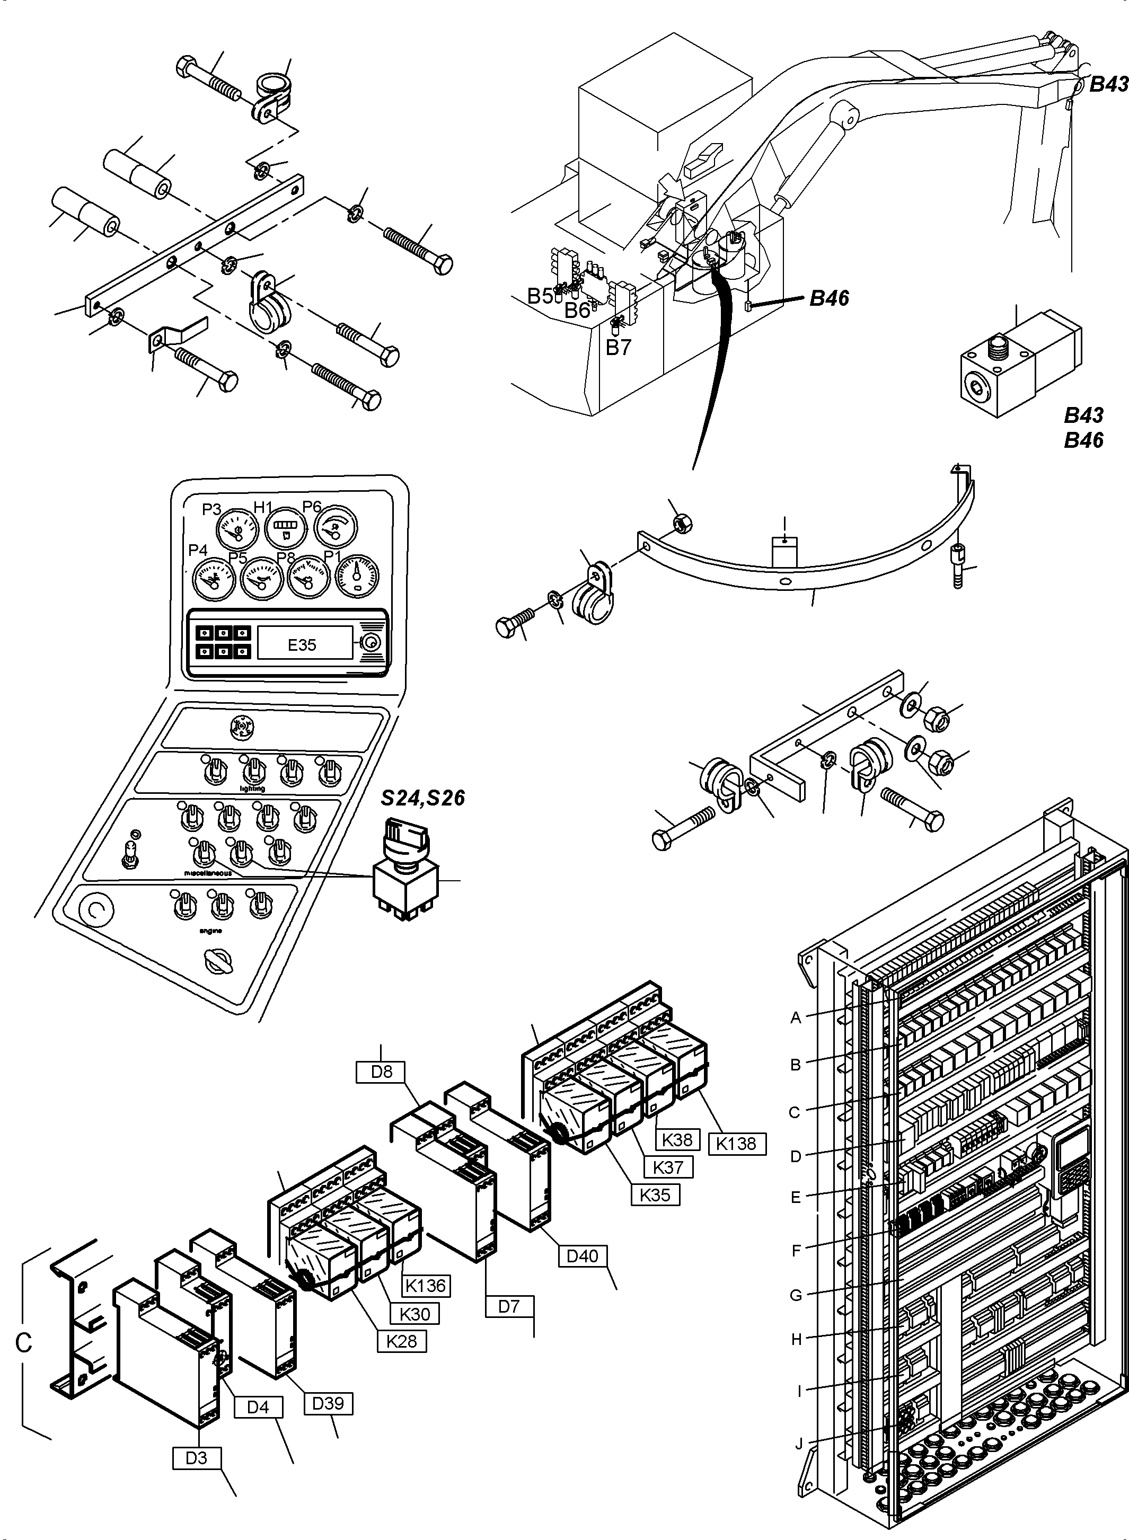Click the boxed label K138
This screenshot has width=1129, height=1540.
(x=737, y=1143)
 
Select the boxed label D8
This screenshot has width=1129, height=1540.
(x=381, y=1072)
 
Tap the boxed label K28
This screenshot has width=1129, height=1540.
(x=401, y=1341)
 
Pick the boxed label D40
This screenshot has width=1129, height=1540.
(x=583, y=1256)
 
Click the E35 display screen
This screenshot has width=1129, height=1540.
(x=302, y=644)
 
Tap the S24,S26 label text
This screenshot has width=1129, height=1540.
(x=422, y=798)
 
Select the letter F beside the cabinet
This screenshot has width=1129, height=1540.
(x=796, y=1251)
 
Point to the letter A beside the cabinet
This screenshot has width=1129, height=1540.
(x=796, y=1017)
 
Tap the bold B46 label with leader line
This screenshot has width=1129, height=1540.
(x=829, y=298)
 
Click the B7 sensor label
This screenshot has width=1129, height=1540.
(x=619, y=347)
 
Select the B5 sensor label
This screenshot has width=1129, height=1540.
(x=540, y=296)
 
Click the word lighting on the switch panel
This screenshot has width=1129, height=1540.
(x=252, y=788)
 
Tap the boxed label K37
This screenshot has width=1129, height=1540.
(x=668, y=1166)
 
